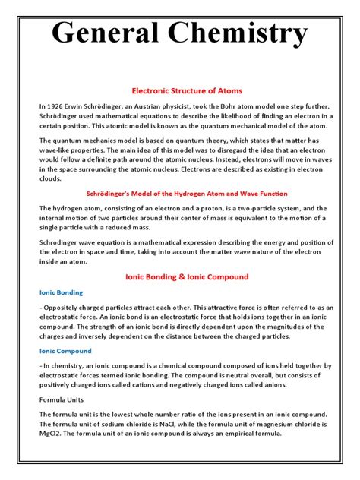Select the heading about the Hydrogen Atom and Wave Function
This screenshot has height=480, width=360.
(180, 194)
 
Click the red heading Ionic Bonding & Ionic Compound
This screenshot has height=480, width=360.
(180, 276)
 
